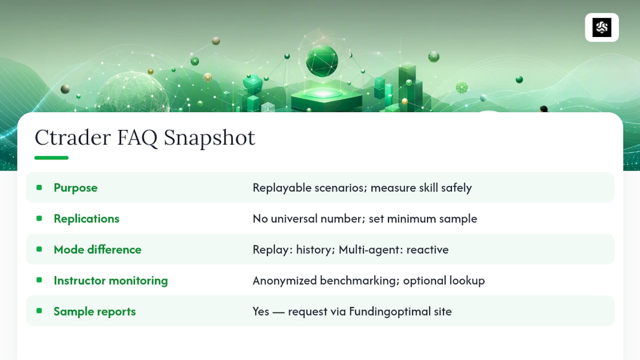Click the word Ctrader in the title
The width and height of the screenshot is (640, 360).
[x=72, y=137]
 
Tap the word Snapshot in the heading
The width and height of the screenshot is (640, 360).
[x=209, y=138]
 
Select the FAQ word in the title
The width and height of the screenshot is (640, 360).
[x=137, y=138]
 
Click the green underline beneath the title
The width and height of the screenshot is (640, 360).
[x=51, y=157]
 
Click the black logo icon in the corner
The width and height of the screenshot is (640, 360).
[x=601, y=27]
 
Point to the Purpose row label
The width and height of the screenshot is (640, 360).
[x=75, y=188]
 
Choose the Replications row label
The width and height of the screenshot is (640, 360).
[x=86, y=219]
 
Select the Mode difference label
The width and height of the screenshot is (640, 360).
[x=97, y=249]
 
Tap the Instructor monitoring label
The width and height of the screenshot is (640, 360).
[x=111, y=280]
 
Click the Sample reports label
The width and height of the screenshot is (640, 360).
[x=94, y=311]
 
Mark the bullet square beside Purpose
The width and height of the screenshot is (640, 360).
[x=39, y=187]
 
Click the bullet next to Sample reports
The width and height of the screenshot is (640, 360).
[x=39, y=311]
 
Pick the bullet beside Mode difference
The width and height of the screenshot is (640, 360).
[x=39, y=249]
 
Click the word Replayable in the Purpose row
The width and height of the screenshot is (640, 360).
[x=281, y=188]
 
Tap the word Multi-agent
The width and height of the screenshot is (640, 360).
[x=371, y=249]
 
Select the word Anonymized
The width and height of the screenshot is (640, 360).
[x=284, y=281]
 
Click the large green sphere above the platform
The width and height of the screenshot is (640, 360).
[x=322, y=60]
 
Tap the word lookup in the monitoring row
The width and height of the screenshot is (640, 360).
[x=467, y=281]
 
